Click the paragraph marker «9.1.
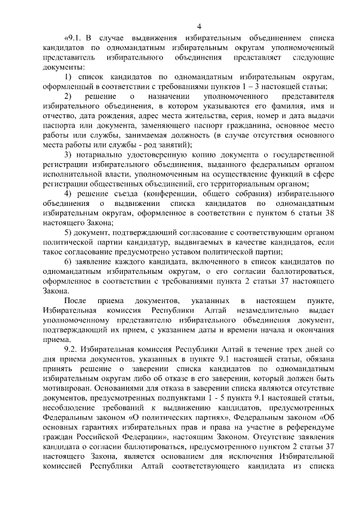(75, 38)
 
